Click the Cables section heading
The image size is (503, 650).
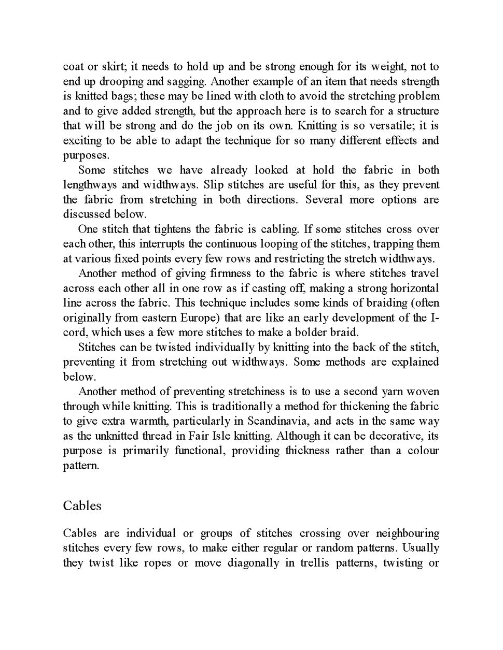point(82,505)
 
